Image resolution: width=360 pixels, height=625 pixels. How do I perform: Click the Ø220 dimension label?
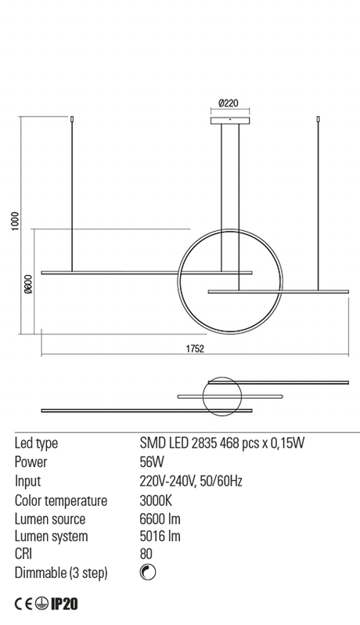[229, 103]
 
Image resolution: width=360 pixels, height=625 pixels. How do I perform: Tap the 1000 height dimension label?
[15, 221]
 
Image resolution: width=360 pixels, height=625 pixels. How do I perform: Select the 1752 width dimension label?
[195, 349]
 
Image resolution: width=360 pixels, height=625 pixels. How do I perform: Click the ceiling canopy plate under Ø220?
[230, 121]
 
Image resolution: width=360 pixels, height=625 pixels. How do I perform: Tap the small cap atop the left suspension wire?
[72, 119]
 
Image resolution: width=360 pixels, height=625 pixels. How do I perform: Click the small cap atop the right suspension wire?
[319, 119]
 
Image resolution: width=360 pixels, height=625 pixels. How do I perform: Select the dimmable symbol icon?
[148, 573]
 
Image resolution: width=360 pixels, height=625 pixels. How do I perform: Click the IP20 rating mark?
[64, 604]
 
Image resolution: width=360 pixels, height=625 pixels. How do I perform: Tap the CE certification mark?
[23, 605]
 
